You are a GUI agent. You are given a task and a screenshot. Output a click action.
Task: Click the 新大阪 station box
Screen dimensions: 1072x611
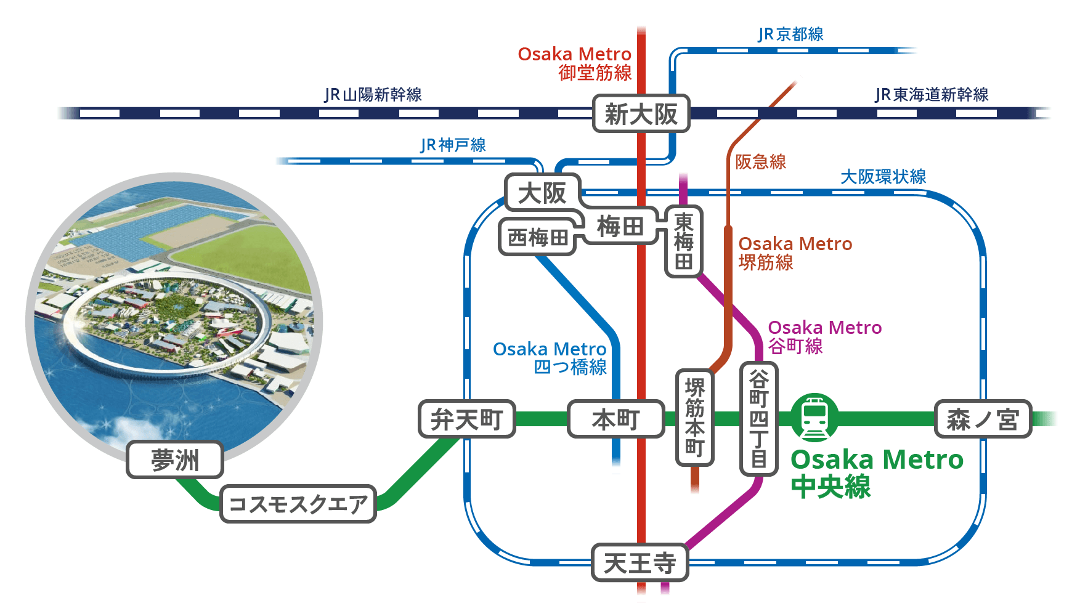pos(641,113)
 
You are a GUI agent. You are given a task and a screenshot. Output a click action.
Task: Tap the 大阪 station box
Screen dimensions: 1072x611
pos(542,193)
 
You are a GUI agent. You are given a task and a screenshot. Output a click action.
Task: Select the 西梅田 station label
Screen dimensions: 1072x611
pos(537,237)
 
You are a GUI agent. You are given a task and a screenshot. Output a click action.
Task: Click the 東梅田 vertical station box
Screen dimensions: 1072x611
pos(684,241)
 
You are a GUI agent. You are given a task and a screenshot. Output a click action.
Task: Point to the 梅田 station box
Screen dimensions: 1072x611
pos(620,227)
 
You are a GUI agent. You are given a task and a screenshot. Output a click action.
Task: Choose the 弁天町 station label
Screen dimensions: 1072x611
pos(466,419)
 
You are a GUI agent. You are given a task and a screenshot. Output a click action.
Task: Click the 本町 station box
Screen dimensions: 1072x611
pos(615,419)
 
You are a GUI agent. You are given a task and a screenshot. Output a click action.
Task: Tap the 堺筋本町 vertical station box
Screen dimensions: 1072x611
pos(695,417)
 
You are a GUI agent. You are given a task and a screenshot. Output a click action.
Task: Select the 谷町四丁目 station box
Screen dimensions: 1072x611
pos(758,419)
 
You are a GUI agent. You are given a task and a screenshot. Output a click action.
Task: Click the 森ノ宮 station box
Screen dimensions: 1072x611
pos(983,419)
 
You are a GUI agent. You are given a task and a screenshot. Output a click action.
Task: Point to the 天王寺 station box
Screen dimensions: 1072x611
pos(640,562)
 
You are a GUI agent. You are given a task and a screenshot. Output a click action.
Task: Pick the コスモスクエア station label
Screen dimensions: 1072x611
pos(298,504)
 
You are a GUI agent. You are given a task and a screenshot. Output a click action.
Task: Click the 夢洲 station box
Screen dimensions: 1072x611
pos(175,460)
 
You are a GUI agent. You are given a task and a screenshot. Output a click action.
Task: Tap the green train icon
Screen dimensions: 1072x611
pos(814,418)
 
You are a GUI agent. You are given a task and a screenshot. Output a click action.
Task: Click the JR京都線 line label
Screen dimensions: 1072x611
pos(790,34)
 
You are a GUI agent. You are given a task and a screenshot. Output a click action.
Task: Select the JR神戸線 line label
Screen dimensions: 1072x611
pos(453,145)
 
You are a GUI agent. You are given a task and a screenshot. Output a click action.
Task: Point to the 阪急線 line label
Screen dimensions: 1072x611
pos(761,162)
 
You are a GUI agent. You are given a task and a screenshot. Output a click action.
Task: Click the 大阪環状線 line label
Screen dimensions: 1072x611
pos(883,177)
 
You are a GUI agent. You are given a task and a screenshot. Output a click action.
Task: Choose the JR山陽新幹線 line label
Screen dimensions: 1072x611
pos(373,94)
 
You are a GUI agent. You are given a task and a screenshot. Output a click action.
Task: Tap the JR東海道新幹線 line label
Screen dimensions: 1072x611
pos(932,94)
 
